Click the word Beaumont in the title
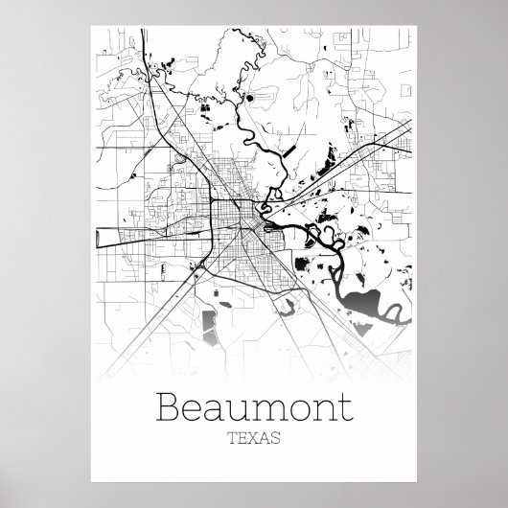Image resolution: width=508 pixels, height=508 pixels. pos(254,408)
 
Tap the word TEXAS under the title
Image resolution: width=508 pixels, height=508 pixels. pos(254,439)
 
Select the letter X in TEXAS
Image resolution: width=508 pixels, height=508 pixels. pos(254,439)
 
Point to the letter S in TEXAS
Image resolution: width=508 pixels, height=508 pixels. pos(276,439)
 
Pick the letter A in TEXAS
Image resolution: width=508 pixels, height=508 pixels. pos(266,439)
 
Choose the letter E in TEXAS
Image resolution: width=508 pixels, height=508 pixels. pos(242,439)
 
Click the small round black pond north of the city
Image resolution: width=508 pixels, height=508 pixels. pos(250,97)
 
